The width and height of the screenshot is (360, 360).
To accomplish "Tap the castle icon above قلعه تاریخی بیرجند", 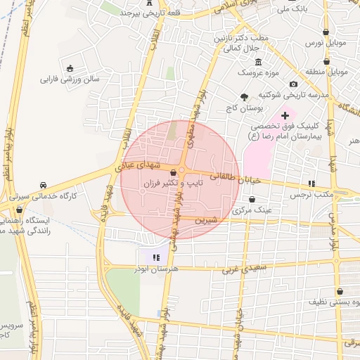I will (149, 2).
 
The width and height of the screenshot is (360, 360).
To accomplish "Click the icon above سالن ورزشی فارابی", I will (70, 68).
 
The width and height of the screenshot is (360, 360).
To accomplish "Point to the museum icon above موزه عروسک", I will (258, 62).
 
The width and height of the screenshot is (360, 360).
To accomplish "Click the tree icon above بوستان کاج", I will (244, 97).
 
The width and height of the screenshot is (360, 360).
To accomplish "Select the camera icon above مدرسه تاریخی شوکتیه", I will (293, 84).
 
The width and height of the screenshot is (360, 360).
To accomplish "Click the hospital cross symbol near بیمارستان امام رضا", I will (285, 115).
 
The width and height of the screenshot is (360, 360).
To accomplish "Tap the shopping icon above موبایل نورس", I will (326, 32).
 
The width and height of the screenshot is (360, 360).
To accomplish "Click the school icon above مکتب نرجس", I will (312, 184).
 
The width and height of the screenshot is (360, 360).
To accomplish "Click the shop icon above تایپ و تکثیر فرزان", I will (173, 172).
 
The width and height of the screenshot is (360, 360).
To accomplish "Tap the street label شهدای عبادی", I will (144, 165).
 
